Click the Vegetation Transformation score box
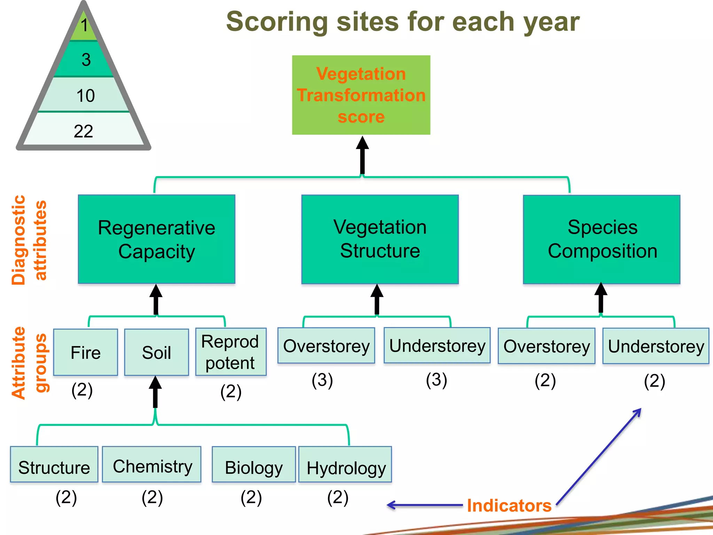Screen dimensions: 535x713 click(x=361, y=95)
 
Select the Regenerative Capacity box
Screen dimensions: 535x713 click(x=156, y=239)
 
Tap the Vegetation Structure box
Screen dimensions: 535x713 click(x=380, y=239)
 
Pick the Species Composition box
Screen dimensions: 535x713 click(x=602, y=239)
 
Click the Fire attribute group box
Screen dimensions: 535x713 click(x=86, y=352)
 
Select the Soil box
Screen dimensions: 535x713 click(x=156, y=352)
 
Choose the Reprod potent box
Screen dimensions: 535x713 click(x=230, y=352)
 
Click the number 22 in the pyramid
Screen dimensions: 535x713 click(x=84, y=131)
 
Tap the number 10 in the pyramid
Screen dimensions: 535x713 click(x=85, y=95)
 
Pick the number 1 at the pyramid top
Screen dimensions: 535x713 click(x=84, y=25)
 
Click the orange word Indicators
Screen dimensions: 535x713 click(x=509, y=505)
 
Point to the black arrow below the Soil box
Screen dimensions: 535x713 click(x=155, y=393)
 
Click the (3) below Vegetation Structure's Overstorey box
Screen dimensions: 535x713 click(x=322, y=380)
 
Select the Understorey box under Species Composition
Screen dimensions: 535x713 click(x=656, y=346)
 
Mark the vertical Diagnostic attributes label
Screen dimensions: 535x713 click(x=29, y=240)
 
